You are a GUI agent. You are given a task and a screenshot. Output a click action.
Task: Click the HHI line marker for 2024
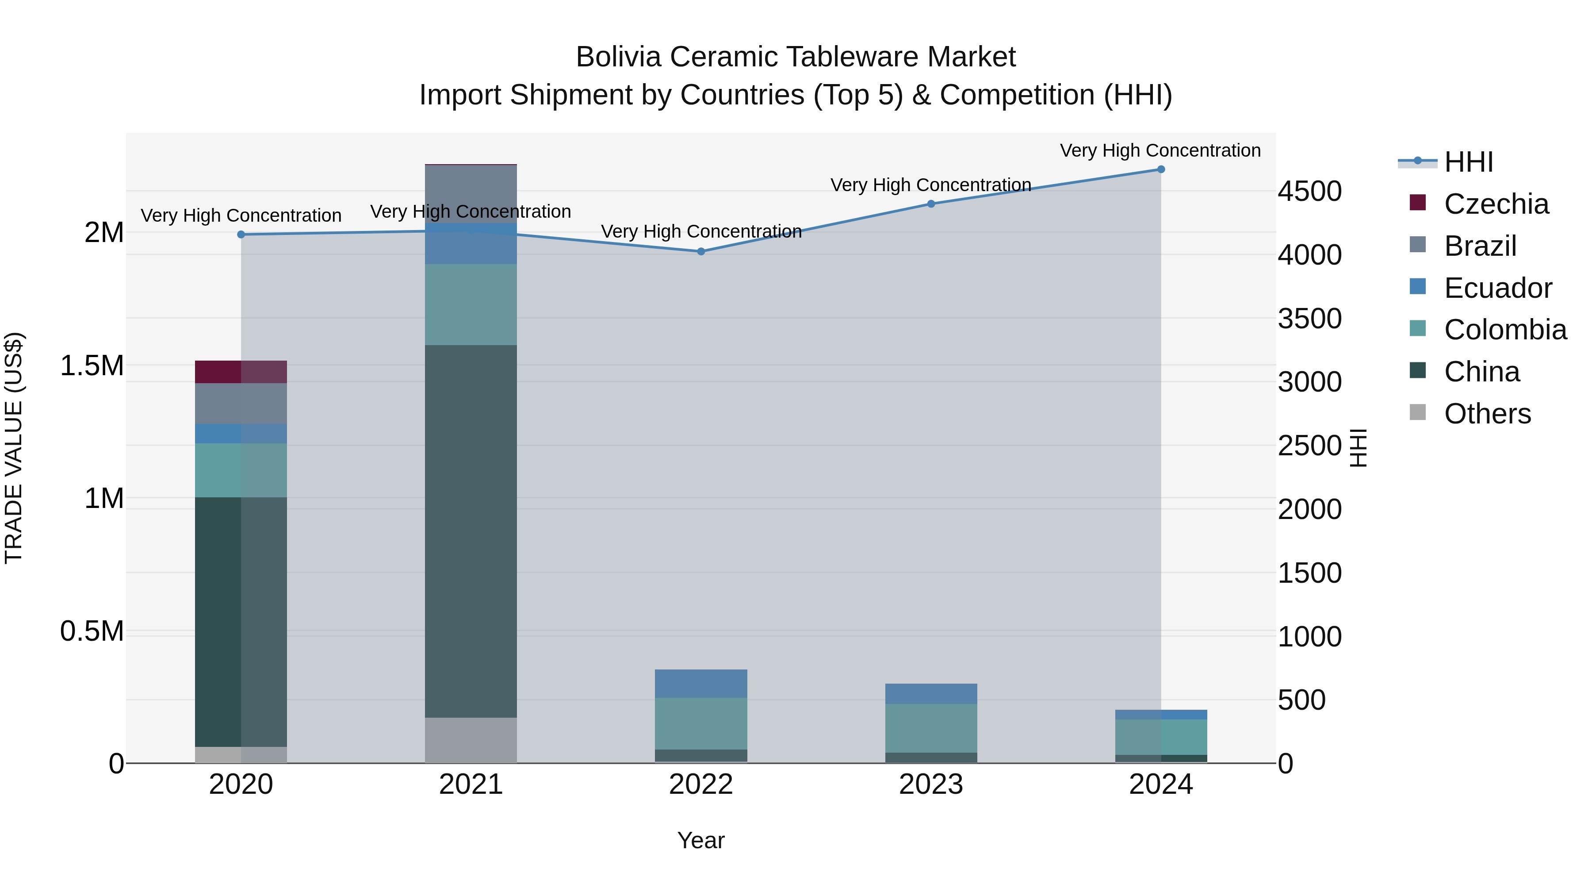[x=1161, y=169]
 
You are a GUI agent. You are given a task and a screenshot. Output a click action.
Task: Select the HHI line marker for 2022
[x=701, y=252]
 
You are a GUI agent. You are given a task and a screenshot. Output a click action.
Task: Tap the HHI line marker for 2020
[x=241, y=235]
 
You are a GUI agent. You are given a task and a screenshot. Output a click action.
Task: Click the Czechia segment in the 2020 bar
[x=241, y=372]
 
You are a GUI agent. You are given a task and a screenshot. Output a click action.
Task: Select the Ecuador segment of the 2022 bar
[x=701, y=683]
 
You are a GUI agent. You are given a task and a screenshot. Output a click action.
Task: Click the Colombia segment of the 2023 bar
[x=931, y=728]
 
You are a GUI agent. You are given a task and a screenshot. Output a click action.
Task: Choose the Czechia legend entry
[x=1496, y=204]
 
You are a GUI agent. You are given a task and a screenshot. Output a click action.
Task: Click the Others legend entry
[x=1487, y=414]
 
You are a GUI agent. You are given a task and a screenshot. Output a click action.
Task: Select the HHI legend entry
[x=1468, y=162]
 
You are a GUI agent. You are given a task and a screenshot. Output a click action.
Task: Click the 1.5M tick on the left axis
[x=92, y=365]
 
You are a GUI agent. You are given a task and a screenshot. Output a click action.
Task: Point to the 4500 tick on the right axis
[x=1309, y=191]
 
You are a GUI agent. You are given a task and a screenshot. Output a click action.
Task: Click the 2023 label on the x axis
[x=931, y=784]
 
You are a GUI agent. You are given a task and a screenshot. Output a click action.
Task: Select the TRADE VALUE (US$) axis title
[x=14, y=448]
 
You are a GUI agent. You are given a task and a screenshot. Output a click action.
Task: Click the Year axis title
[x=701, y=840]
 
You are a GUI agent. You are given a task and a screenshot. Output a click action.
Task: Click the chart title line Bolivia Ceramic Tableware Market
[x=796, y=57]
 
